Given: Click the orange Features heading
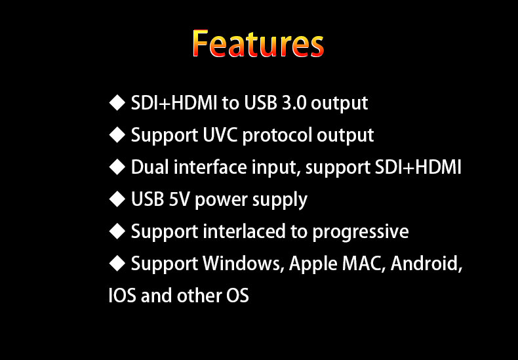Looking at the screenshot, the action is coord(258,43).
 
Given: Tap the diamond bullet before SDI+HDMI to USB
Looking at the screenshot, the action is coord(117,103).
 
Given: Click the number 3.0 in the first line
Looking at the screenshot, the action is coord(294,103).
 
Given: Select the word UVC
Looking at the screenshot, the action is coord(220,134).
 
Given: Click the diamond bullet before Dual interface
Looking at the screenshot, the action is coord(117,167).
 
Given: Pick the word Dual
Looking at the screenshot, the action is coord(149,167).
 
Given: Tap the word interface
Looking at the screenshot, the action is coord(210,167).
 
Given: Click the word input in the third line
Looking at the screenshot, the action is coord(276,168).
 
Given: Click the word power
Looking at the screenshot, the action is coord(221,201).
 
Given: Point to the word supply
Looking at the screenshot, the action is coord(280,201).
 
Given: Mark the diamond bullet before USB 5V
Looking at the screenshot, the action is coord(117,199).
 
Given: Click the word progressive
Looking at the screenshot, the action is coord(361,232).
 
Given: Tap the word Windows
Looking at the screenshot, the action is coord(243,264).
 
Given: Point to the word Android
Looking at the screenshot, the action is coord(426,264).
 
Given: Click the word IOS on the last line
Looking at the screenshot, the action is coord(122,295).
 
